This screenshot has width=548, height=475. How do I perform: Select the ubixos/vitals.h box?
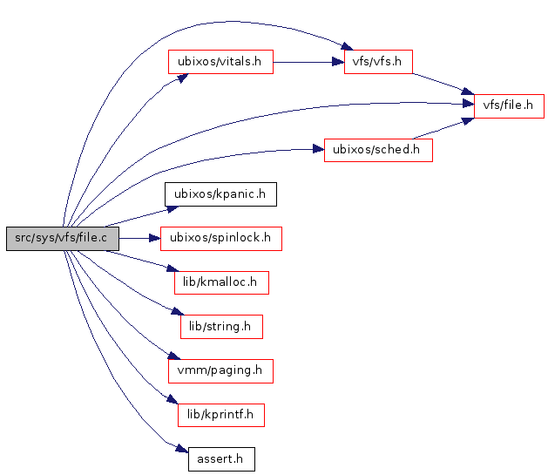pyautogui.click(x=220, y=62)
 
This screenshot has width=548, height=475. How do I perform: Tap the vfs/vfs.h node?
pyautogui.click(x=378, y=62)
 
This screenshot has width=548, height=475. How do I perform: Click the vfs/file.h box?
pyautogui.click(x=509, y=106)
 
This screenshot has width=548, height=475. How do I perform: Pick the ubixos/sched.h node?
pyautogui.click(x=378, y=150)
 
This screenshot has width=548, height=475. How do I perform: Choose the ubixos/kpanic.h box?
pyautogui.click(x=220, y=194)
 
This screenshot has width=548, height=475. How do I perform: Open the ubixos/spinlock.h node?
pyautogui.click(x=220, y=239)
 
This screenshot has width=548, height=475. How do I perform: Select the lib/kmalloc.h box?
pyautogui.click(x=220, y=282)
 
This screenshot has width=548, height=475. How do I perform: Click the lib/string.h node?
pyautogui.click(x=220, y=327)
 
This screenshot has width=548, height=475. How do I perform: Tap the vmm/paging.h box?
pyautogui.click(x=220, y=370)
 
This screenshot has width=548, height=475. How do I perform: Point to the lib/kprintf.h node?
pyautogui.click(x=220, y=415)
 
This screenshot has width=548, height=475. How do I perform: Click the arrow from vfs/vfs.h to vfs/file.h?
pyautogui.click(x=443, y=84)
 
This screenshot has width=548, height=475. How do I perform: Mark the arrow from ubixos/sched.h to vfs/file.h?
pyautogui.click(x=443, y=127)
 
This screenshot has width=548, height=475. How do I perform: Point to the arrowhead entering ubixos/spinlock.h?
pyautogui.click(x=156, y=238)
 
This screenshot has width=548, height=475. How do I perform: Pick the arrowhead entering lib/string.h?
pyautogui.click(x=177, y=312)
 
